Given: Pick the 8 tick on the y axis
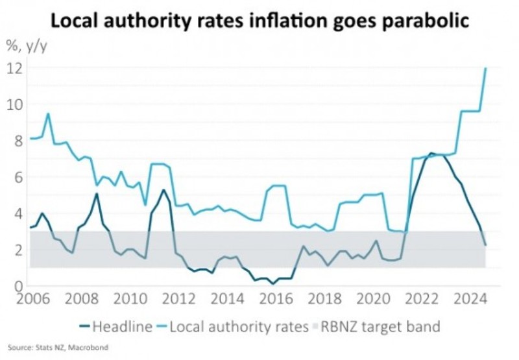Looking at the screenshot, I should coord(19,140).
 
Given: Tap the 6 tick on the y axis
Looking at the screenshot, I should coord(19,176).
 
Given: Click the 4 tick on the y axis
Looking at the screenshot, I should coord(19,213).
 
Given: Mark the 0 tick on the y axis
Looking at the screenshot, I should coord(19,286).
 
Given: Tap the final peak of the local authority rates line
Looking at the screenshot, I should coord(486,68).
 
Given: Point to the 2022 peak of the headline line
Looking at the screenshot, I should coord(431,154).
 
